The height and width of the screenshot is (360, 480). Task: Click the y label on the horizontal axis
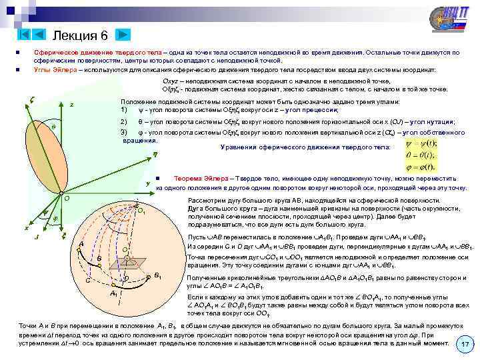click(147, 183)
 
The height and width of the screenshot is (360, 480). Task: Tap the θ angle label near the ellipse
click(53, 126)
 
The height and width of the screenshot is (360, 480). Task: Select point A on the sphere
click(81, 243)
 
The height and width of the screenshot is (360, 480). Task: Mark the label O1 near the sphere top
click(142, 212)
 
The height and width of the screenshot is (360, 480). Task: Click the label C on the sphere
click(88, 279)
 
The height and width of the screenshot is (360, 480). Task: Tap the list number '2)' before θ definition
click(123, 121)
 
